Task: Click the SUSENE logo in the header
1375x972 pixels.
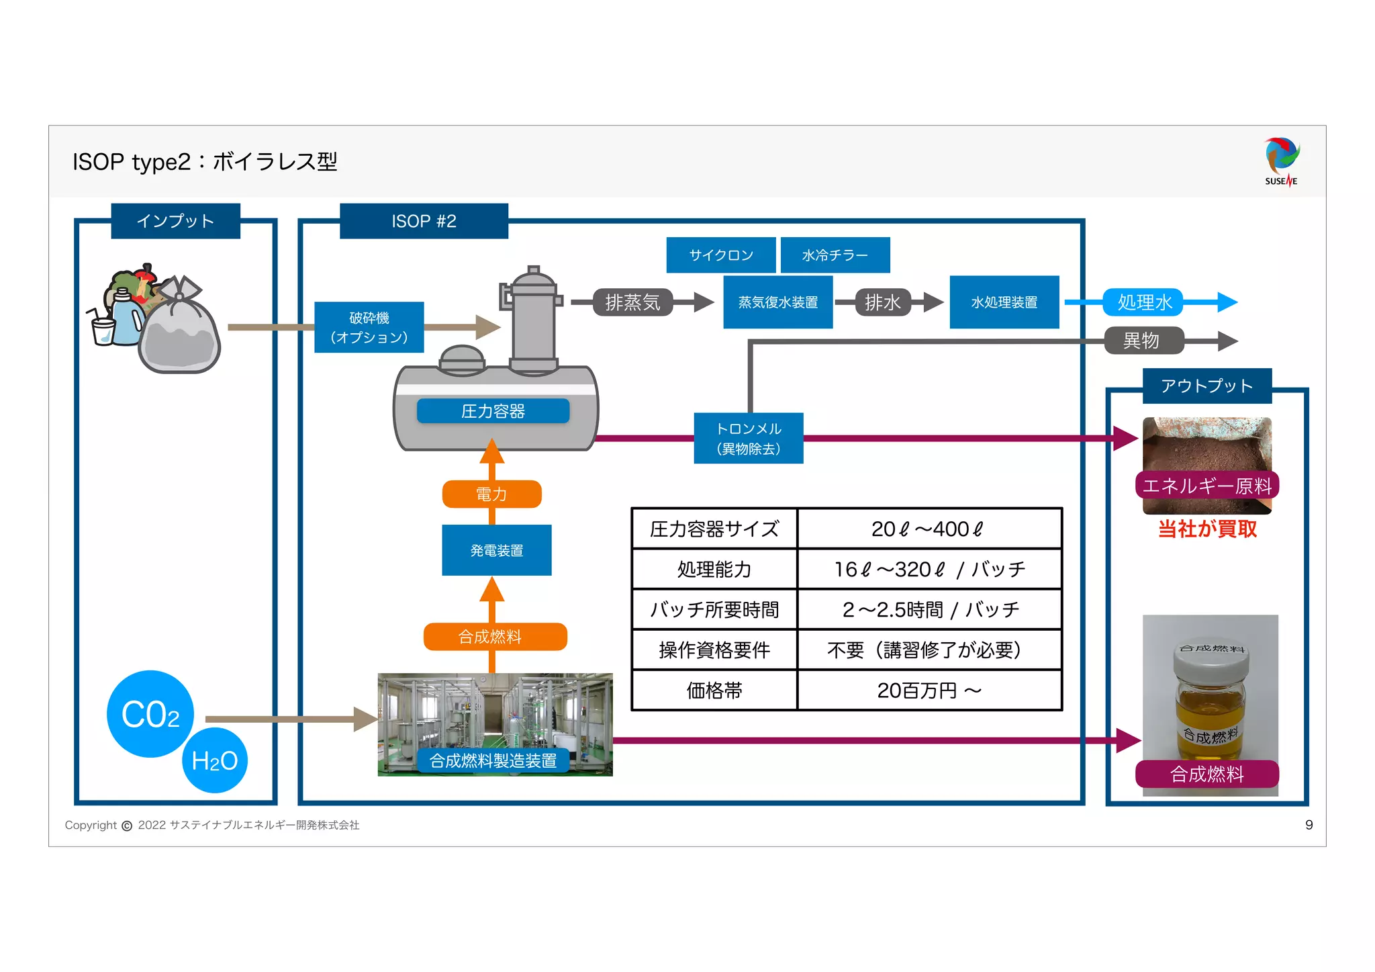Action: tap(1282, 162)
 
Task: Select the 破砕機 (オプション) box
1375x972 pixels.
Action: tap(369, 327)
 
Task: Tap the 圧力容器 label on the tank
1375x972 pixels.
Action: tap(493, 411)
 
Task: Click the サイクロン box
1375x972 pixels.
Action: tap(721, 255)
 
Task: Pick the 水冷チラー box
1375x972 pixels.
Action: tap(835, 255)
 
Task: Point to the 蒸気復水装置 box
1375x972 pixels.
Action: tap(778, 302)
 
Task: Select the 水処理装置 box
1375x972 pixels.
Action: tap(1004, 302)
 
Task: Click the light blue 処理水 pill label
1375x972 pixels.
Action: tap(1144, 302)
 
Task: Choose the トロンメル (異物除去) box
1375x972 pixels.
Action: tap(749, 438)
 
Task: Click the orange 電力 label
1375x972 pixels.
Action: tap(492, 494)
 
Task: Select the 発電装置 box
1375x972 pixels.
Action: tap(497, 550)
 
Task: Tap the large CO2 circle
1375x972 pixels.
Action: tap(150, 714)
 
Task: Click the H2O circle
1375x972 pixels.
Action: tap(215, 760)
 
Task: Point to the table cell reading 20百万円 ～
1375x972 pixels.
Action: tap(930, 691)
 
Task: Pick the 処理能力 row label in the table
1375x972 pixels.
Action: tap(714, 570)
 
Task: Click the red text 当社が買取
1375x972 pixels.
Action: tap(1208, 529)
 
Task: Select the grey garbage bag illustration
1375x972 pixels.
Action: tap(179, 329)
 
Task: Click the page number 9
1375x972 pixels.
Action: tap(1309, 825)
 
